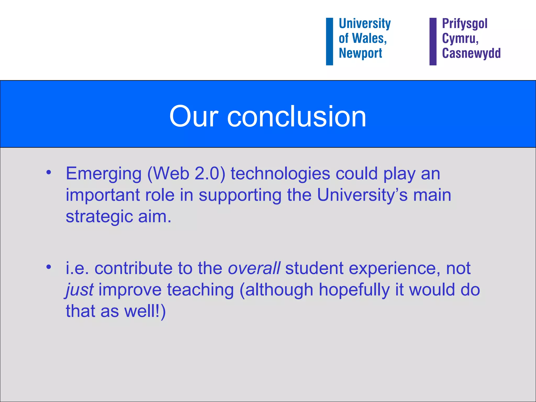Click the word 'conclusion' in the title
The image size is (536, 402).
coord(297,116)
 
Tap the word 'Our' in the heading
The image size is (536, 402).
coord(194,116)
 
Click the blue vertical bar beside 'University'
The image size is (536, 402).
coord(329,41)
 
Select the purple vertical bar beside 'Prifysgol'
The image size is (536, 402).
coord(433,41)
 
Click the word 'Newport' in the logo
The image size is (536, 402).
coord(360,53)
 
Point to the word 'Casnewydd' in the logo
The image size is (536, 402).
coord(471,53)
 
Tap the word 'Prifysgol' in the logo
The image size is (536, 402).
coord(465,24)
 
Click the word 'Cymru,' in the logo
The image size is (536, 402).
coord(460,38)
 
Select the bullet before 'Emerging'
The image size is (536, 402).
coord(48,172)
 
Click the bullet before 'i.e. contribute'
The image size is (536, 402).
coord(48,267)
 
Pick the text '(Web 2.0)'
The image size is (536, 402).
coord(186,174)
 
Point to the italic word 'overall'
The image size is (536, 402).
coord(254,268)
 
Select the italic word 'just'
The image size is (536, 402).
coord(79,290)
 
